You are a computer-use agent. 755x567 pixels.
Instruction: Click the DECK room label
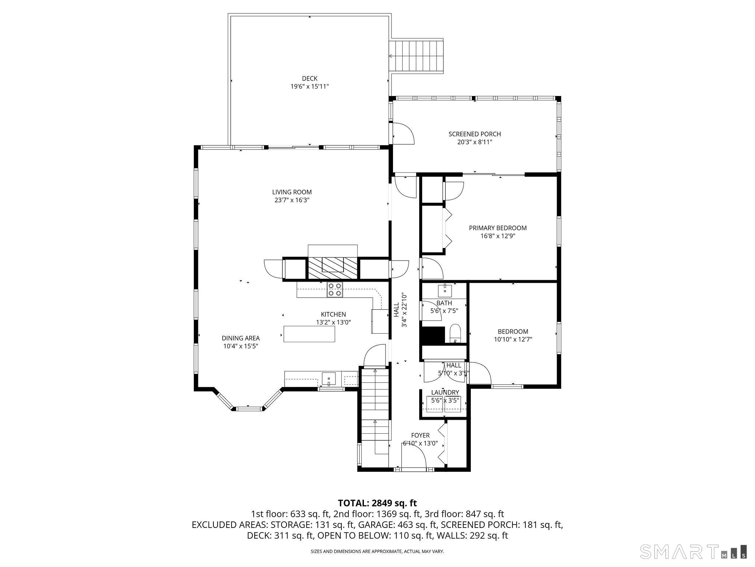point(310,78)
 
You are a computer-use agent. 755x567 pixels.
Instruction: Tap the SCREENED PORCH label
point(474,134)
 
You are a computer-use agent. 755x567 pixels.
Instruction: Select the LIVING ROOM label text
point(292,192)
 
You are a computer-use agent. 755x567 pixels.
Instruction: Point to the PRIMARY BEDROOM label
point(498,228)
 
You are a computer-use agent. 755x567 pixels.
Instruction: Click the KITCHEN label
point(333,315)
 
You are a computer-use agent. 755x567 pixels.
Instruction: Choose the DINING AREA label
point(241,338)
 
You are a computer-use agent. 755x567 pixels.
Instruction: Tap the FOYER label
point(420,436)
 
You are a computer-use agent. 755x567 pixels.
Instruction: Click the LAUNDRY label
point(445,392)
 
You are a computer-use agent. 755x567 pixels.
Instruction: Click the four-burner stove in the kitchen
point(335,289)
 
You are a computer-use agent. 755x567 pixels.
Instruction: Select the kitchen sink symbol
point(328,379)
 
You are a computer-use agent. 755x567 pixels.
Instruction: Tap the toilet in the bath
point(456,334)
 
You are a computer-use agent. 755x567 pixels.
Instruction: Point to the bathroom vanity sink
point(445,291)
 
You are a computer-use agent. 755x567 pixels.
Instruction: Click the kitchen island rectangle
point(309,334)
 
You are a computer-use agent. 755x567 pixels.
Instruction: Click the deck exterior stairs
point(417,56)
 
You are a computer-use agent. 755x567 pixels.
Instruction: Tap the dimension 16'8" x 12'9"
point(498,236)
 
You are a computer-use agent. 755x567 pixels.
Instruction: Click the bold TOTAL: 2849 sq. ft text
point(377,503)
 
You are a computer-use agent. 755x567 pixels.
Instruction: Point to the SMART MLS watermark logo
point(693,551)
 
